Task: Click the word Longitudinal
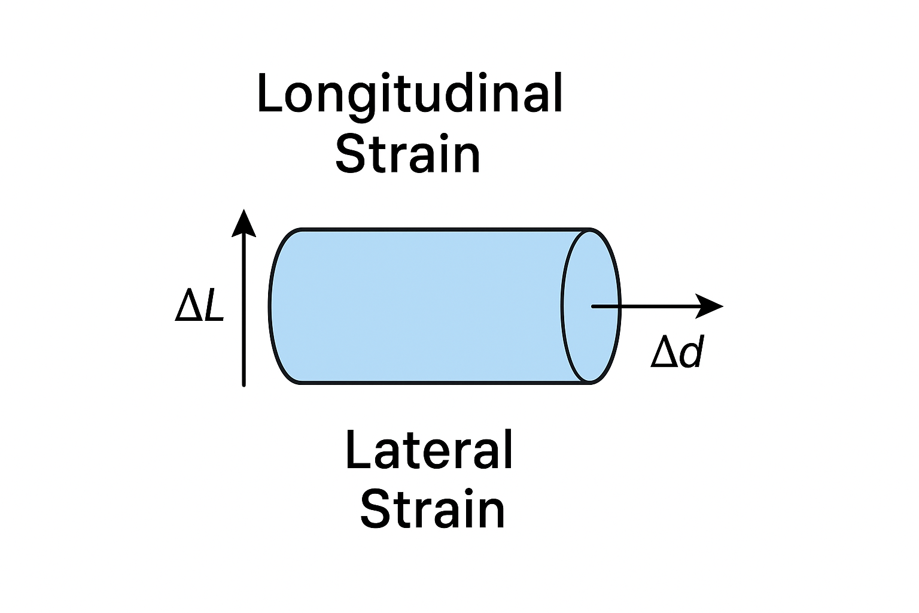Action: tap(410, 94)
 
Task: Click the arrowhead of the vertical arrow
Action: tap(244, 223)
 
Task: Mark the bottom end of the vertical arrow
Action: tap(244, 384)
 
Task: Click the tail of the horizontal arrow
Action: tap(593, 306)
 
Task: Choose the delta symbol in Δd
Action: tap(664, 354)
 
